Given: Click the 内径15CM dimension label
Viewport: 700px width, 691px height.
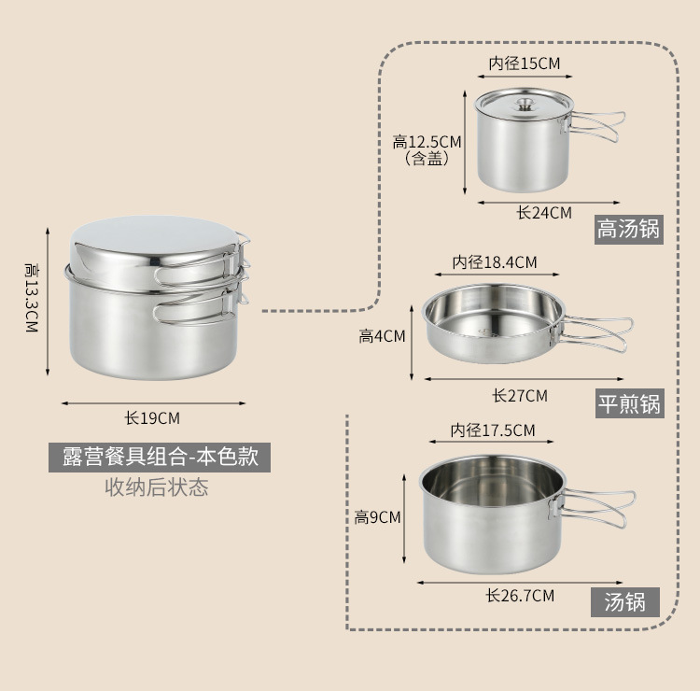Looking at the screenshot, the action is (525, 63).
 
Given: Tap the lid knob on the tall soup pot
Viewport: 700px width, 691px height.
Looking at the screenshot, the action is (525, 105).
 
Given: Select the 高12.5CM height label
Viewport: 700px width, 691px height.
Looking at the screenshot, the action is (427, 142).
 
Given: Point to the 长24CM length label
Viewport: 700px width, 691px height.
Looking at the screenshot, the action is (544, 213).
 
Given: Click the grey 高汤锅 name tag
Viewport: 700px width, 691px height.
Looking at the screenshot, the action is (628, 230).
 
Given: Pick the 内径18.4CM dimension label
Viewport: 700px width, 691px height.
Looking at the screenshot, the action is (494, 262).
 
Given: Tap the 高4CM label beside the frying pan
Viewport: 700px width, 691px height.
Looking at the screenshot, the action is (382, 336).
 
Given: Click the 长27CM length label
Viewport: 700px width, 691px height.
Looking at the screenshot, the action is (520, 396).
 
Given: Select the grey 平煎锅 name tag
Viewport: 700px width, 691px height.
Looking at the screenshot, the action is (629, 403).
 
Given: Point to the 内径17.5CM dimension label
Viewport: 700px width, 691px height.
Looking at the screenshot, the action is (493, 430).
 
